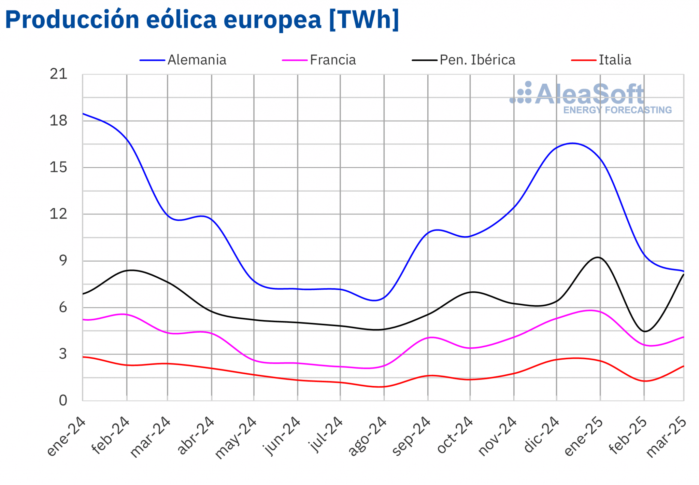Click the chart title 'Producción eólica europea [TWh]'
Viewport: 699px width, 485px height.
click(x=202, y=20)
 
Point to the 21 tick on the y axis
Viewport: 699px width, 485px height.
click(x=58, y=74)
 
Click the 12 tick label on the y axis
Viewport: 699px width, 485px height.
click(x=58, y=214)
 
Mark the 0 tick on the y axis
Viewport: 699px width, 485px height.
click(x=63, y=401)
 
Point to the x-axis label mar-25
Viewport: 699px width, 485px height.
click(x=667, y=437)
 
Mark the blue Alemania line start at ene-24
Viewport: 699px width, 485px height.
click(x=83, y=114)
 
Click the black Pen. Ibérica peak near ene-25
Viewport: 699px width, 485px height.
click(x=598, y=257)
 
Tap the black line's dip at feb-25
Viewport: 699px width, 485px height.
click(x=644, y=331)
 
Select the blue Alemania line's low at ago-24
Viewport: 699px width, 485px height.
click(x=375, y=301)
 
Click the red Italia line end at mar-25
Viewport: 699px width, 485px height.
click(x=683, y=366)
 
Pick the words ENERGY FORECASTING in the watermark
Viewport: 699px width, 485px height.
click(x=617, y=110)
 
